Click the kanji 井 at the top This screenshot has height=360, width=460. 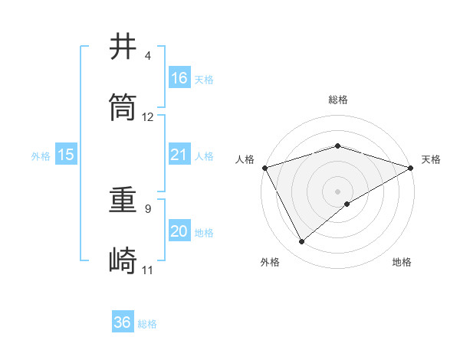[123, 47]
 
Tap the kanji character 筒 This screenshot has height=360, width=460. [123, 108]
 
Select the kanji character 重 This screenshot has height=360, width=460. [123, 201]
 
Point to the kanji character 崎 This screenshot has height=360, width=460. [123, 261]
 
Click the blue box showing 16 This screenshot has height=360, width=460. [179, 78]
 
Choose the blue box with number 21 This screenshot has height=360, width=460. [179, 155]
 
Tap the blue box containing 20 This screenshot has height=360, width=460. [179, 231]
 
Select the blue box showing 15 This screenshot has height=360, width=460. [66, 155]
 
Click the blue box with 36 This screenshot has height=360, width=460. [123, 322]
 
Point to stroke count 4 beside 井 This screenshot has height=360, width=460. [148, 57]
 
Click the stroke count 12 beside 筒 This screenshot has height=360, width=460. [148, 117]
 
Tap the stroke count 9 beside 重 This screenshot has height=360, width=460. [148, 208]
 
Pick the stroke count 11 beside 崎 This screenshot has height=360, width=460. [148, 270]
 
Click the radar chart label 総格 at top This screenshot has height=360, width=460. [338, 100]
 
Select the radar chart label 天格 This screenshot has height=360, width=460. [432, 159]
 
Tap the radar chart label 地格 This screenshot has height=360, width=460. [402, 262]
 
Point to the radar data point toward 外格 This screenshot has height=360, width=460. [302, 241]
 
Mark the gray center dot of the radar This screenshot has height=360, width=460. [338, 191]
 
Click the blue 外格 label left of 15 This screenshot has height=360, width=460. [41, 155]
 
